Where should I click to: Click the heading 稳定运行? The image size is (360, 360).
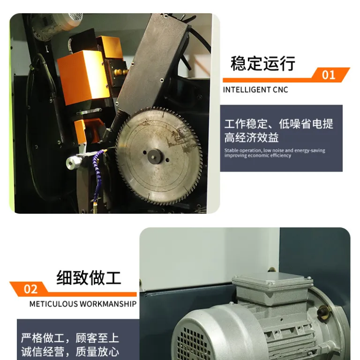click(263, 63)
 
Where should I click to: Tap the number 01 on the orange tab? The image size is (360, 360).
click(328, 75)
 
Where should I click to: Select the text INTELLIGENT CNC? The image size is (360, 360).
click(255, 90)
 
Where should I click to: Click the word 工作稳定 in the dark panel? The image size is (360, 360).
click(246, 124)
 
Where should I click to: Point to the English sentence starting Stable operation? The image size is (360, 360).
click(275, 153)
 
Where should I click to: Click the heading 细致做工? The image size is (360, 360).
click(89, 278)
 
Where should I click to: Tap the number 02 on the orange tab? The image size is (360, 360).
click(30, 289)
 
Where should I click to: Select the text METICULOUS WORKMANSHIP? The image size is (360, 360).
click(83, 304)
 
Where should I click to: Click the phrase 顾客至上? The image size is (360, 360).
click(97, 338)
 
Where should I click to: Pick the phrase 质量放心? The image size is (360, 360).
click(97, 352)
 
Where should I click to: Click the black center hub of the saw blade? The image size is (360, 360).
click(155, 157)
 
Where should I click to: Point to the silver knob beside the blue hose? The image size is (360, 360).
click(73, 162)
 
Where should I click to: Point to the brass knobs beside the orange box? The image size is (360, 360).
click(121, 72)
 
